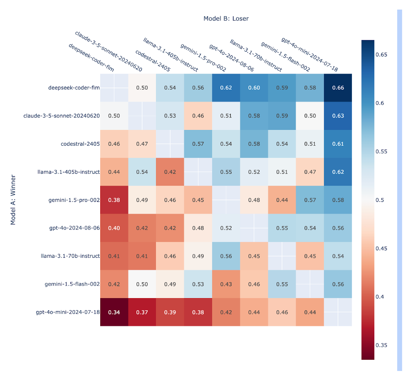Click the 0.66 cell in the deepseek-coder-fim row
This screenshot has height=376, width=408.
pos(338,87)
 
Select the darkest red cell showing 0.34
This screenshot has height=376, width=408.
pos(114,312)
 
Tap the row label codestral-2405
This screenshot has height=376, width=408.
pos(80,144)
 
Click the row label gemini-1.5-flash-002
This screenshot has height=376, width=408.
pos(72,284)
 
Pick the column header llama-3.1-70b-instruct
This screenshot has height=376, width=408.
pos(256,55)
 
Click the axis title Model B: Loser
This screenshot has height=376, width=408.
pos(226,18)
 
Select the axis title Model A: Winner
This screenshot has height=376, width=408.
pos(13,200)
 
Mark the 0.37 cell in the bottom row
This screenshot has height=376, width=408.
pos(142,312)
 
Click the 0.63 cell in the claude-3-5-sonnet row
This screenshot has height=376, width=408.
pos(338,115)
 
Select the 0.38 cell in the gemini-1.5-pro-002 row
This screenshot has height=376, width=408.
pos(114,200)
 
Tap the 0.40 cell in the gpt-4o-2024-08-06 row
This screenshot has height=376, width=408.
pos(114,228)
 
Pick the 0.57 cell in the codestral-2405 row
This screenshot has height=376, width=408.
pos(198,144)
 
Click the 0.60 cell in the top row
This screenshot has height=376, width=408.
pos(254,87)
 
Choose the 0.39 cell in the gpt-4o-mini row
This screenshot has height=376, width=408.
pos(170,312)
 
